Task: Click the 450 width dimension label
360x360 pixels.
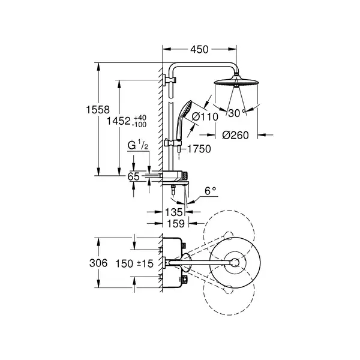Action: click(199, 49)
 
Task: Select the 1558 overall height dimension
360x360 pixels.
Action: click(98, 110)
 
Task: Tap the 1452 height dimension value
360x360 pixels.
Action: click(119, 121)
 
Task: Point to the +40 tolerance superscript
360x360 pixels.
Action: click(140, 118)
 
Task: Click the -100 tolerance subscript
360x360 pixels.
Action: click(139, 124)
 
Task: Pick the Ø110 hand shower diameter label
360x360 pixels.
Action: click(205, 116)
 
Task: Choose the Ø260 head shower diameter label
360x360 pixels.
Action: click(235, 135)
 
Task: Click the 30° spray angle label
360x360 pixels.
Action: click(237, 113)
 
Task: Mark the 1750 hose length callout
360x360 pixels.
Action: click(199, 149)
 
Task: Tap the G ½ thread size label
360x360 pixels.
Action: click(138, 146)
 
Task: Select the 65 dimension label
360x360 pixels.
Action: click(133, 176)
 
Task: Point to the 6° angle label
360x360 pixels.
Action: click(211, 191)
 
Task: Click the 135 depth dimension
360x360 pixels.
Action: click(174, 212)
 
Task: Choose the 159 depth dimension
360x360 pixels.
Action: click(176, 223)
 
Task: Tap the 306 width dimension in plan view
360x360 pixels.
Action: click(98, 263)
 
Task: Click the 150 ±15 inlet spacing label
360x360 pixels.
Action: click(134, 263)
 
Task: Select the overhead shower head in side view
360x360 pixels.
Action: click(236, 82)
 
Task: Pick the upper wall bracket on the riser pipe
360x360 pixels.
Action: click(169, 80)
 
